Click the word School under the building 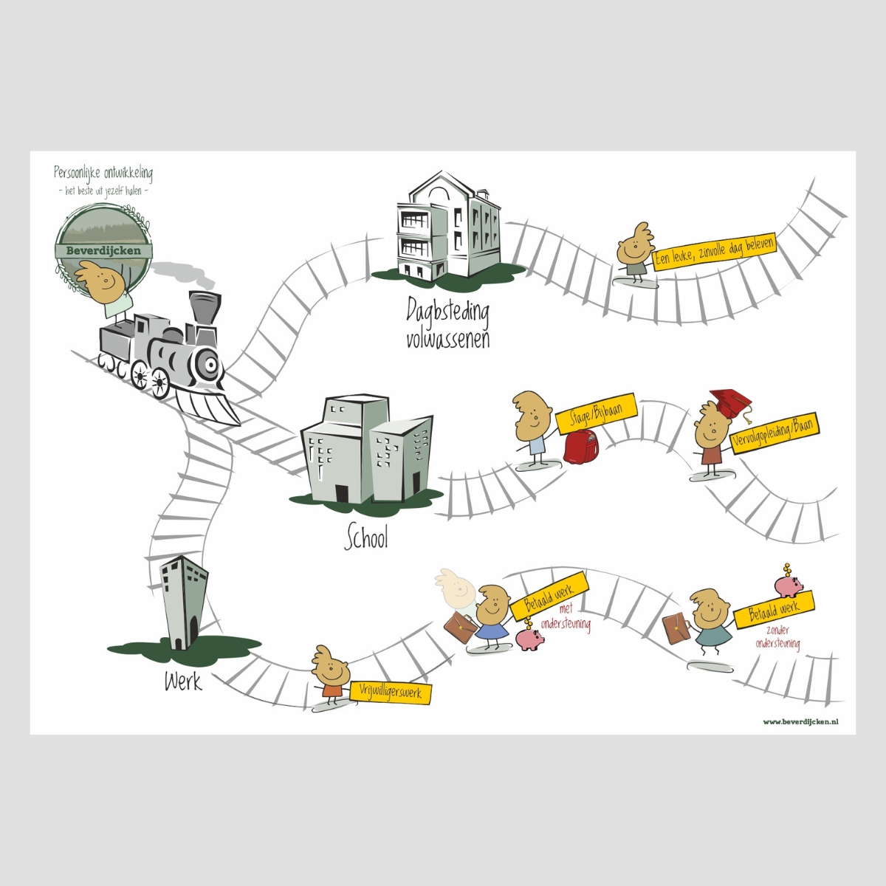point(366,538)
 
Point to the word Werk point(183,680)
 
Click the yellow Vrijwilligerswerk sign point(391,693)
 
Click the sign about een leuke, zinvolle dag point(714,251)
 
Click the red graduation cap point(729,403)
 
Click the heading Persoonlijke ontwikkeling point(103,174)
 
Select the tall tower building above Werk point(183,602)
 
